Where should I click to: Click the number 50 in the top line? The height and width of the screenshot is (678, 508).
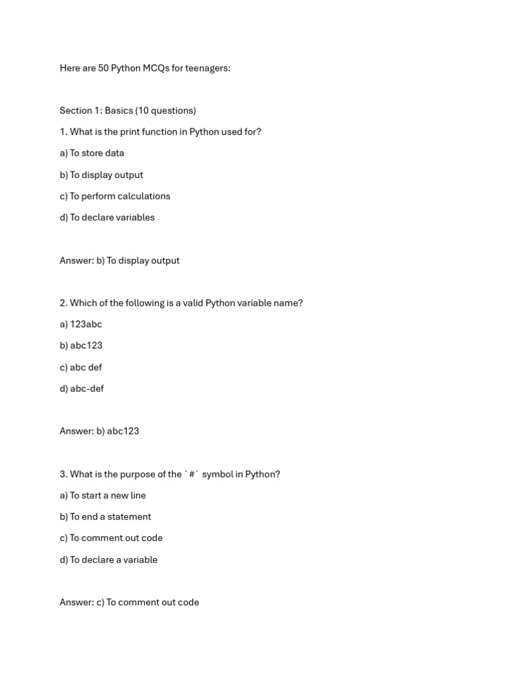point(103,68)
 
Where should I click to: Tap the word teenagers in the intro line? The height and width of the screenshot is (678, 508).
point(208,68)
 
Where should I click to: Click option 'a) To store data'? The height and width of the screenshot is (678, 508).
point(92,153)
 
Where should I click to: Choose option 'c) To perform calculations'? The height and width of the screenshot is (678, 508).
point(115,196)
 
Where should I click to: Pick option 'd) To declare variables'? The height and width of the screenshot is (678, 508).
point(107,217)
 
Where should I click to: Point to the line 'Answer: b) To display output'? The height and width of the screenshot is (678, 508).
point(120,260)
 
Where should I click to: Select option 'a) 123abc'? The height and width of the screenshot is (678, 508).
point(81,324)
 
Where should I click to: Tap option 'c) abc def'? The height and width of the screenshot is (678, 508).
point(81,367)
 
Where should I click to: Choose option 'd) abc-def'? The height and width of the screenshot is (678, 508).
point(82,389)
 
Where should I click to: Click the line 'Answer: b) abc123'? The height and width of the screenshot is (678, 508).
point(99,431)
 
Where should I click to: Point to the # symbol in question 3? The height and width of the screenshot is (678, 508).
point(192,474)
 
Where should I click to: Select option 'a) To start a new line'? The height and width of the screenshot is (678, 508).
point(103,495)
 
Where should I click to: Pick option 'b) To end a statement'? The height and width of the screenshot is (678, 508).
point(105,516)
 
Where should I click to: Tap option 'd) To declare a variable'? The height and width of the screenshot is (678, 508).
point(108,559)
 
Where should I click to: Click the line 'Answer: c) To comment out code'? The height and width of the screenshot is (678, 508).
point(129,603)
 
